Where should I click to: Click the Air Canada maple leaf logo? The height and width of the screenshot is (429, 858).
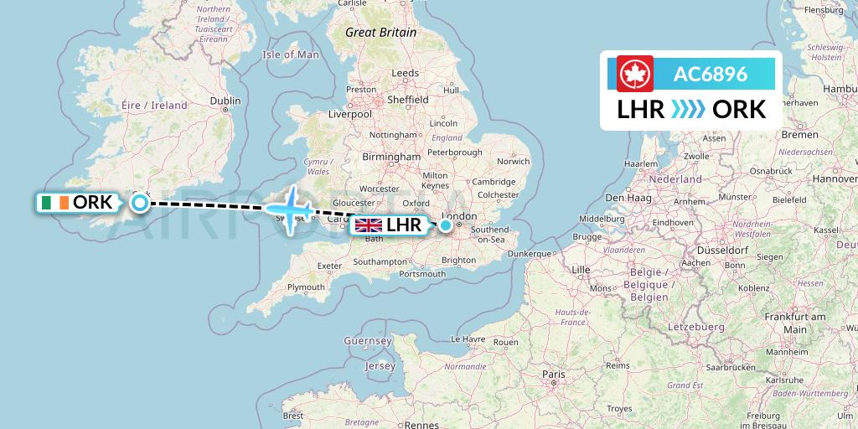634,74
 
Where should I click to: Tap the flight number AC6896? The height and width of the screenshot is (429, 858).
711,74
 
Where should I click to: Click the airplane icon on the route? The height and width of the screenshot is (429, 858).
291,209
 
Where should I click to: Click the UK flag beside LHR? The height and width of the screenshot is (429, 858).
369,225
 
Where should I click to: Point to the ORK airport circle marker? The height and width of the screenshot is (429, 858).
141,202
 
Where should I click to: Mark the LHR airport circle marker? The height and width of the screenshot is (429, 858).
447,225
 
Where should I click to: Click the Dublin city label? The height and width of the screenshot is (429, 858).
225,101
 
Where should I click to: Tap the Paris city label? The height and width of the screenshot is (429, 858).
552,374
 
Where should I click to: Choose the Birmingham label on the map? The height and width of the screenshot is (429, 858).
391,157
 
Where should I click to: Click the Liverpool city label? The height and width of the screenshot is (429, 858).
350,114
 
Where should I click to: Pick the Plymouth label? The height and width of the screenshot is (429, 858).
305,287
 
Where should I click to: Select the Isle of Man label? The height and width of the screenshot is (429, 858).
291,54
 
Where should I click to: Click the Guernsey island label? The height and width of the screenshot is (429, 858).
368,341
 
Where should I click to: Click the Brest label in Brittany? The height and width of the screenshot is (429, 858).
293,415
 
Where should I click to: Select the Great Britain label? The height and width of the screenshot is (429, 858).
381,33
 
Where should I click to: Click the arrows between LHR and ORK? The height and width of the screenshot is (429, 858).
689,109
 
